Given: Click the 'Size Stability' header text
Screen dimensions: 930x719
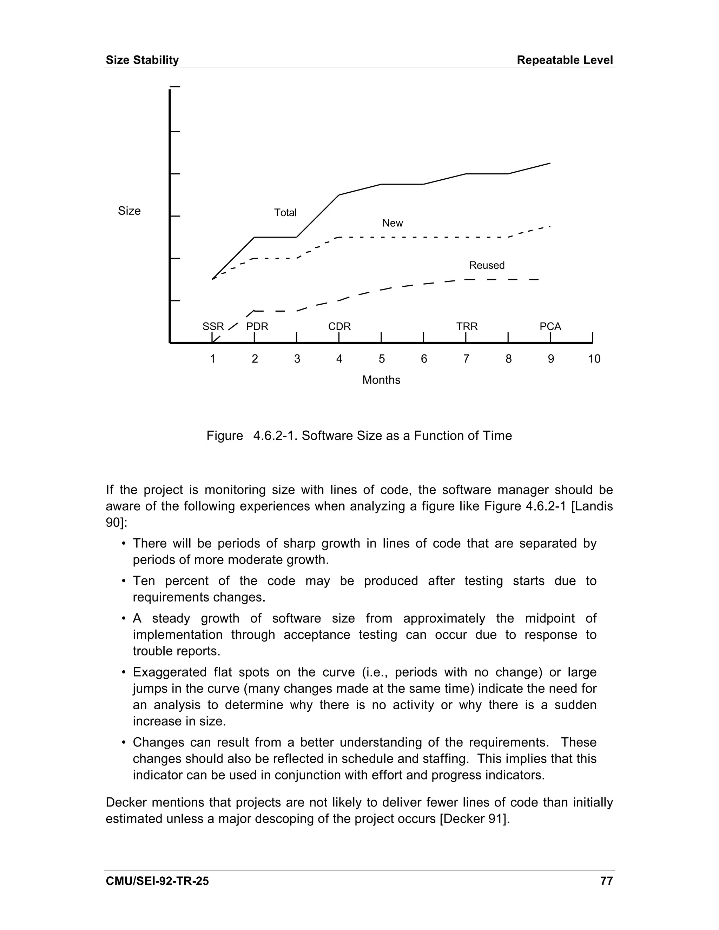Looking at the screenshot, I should (142, 60).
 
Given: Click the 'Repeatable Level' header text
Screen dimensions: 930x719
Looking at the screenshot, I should (565, 60).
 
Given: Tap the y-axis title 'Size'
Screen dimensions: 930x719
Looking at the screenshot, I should (129, 211).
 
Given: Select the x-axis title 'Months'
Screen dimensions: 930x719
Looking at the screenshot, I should (381, 380).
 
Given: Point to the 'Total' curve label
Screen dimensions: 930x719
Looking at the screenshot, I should (285, 212).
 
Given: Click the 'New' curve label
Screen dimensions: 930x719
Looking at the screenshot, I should (392, 223).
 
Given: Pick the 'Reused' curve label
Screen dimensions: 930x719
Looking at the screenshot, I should (487, 265).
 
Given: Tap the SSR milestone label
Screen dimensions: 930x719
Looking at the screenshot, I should (213, 327).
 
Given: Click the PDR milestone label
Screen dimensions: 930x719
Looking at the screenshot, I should (257, 327).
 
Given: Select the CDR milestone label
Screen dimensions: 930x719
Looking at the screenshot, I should (339, 327).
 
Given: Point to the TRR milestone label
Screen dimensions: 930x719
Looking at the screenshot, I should (467, 327).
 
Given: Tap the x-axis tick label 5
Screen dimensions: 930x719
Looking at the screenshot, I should (381, 359).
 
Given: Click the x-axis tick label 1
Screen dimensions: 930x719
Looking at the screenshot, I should (212, 359).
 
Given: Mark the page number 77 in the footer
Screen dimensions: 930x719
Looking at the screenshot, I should (606, 881).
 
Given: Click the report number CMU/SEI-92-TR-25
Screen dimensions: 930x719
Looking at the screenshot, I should (157, 881).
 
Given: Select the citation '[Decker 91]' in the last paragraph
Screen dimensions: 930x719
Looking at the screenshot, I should (474, 818).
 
